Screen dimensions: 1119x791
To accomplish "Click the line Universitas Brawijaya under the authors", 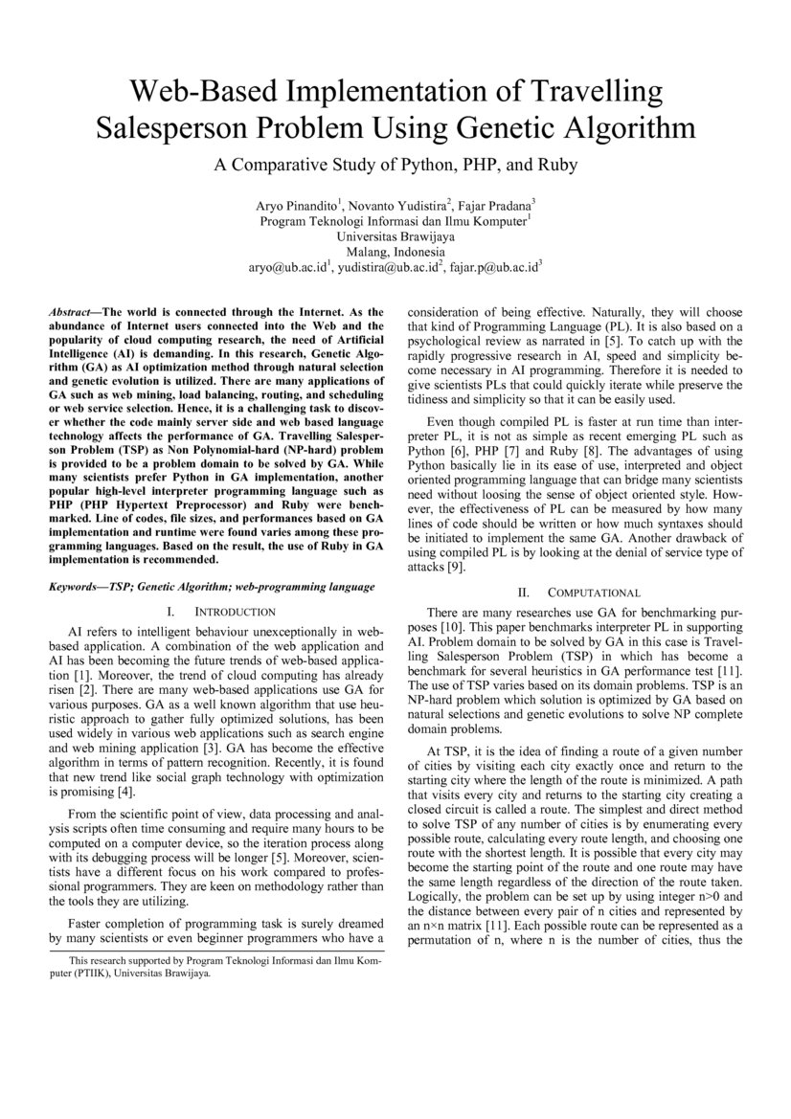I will [395, 236].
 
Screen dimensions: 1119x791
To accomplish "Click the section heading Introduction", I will [235, 612].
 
